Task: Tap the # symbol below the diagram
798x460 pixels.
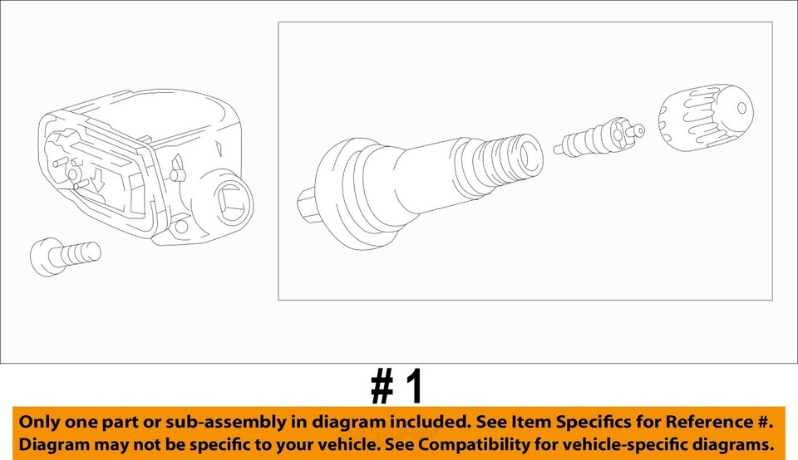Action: click(382, 387)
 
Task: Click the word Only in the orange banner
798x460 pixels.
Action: click(39, 421)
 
